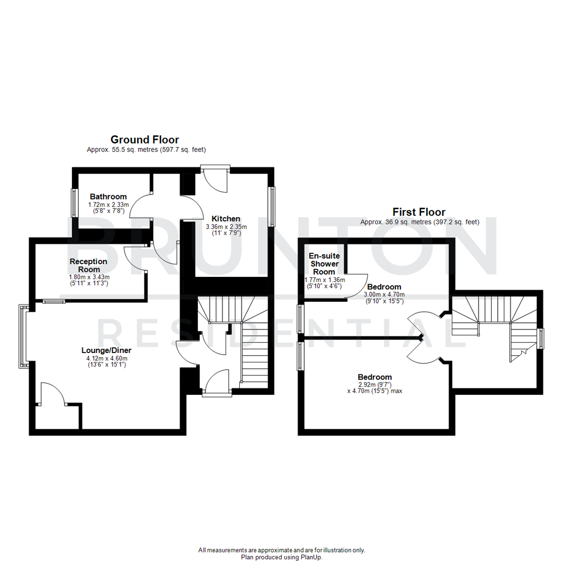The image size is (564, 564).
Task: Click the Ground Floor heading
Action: click(x=145, y=139)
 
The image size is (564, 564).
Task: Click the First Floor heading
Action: click(x=419, y=212)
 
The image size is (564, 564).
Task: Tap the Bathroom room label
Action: click(x=108, y=196)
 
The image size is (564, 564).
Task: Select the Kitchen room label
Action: click(x=226, y=218)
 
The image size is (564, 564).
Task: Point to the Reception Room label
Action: click(x=88, y=265)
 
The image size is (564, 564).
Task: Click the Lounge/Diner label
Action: click(x=106, y=350)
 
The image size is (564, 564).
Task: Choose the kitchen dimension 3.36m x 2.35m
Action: click(x=226, y=227)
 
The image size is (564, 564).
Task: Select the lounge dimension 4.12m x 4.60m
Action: click(x=106, y=358)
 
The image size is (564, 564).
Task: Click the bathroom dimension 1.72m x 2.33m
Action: click(x=108, y=205)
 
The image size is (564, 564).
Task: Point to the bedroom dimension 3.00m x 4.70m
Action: click(x=384, y=295)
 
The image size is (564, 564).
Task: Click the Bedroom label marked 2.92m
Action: click(x=374, y=377)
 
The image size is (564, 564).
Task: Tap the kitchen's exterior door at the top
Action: click(x=215, y=180)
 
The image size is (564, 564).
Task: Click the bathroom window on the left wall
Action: click(x=74, y=202)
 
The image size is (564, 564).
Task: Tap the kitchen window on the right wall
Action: click(x=271, y=207)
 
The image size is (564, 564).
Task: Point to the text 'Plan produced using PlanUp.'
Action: click(x=282, y=557)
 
